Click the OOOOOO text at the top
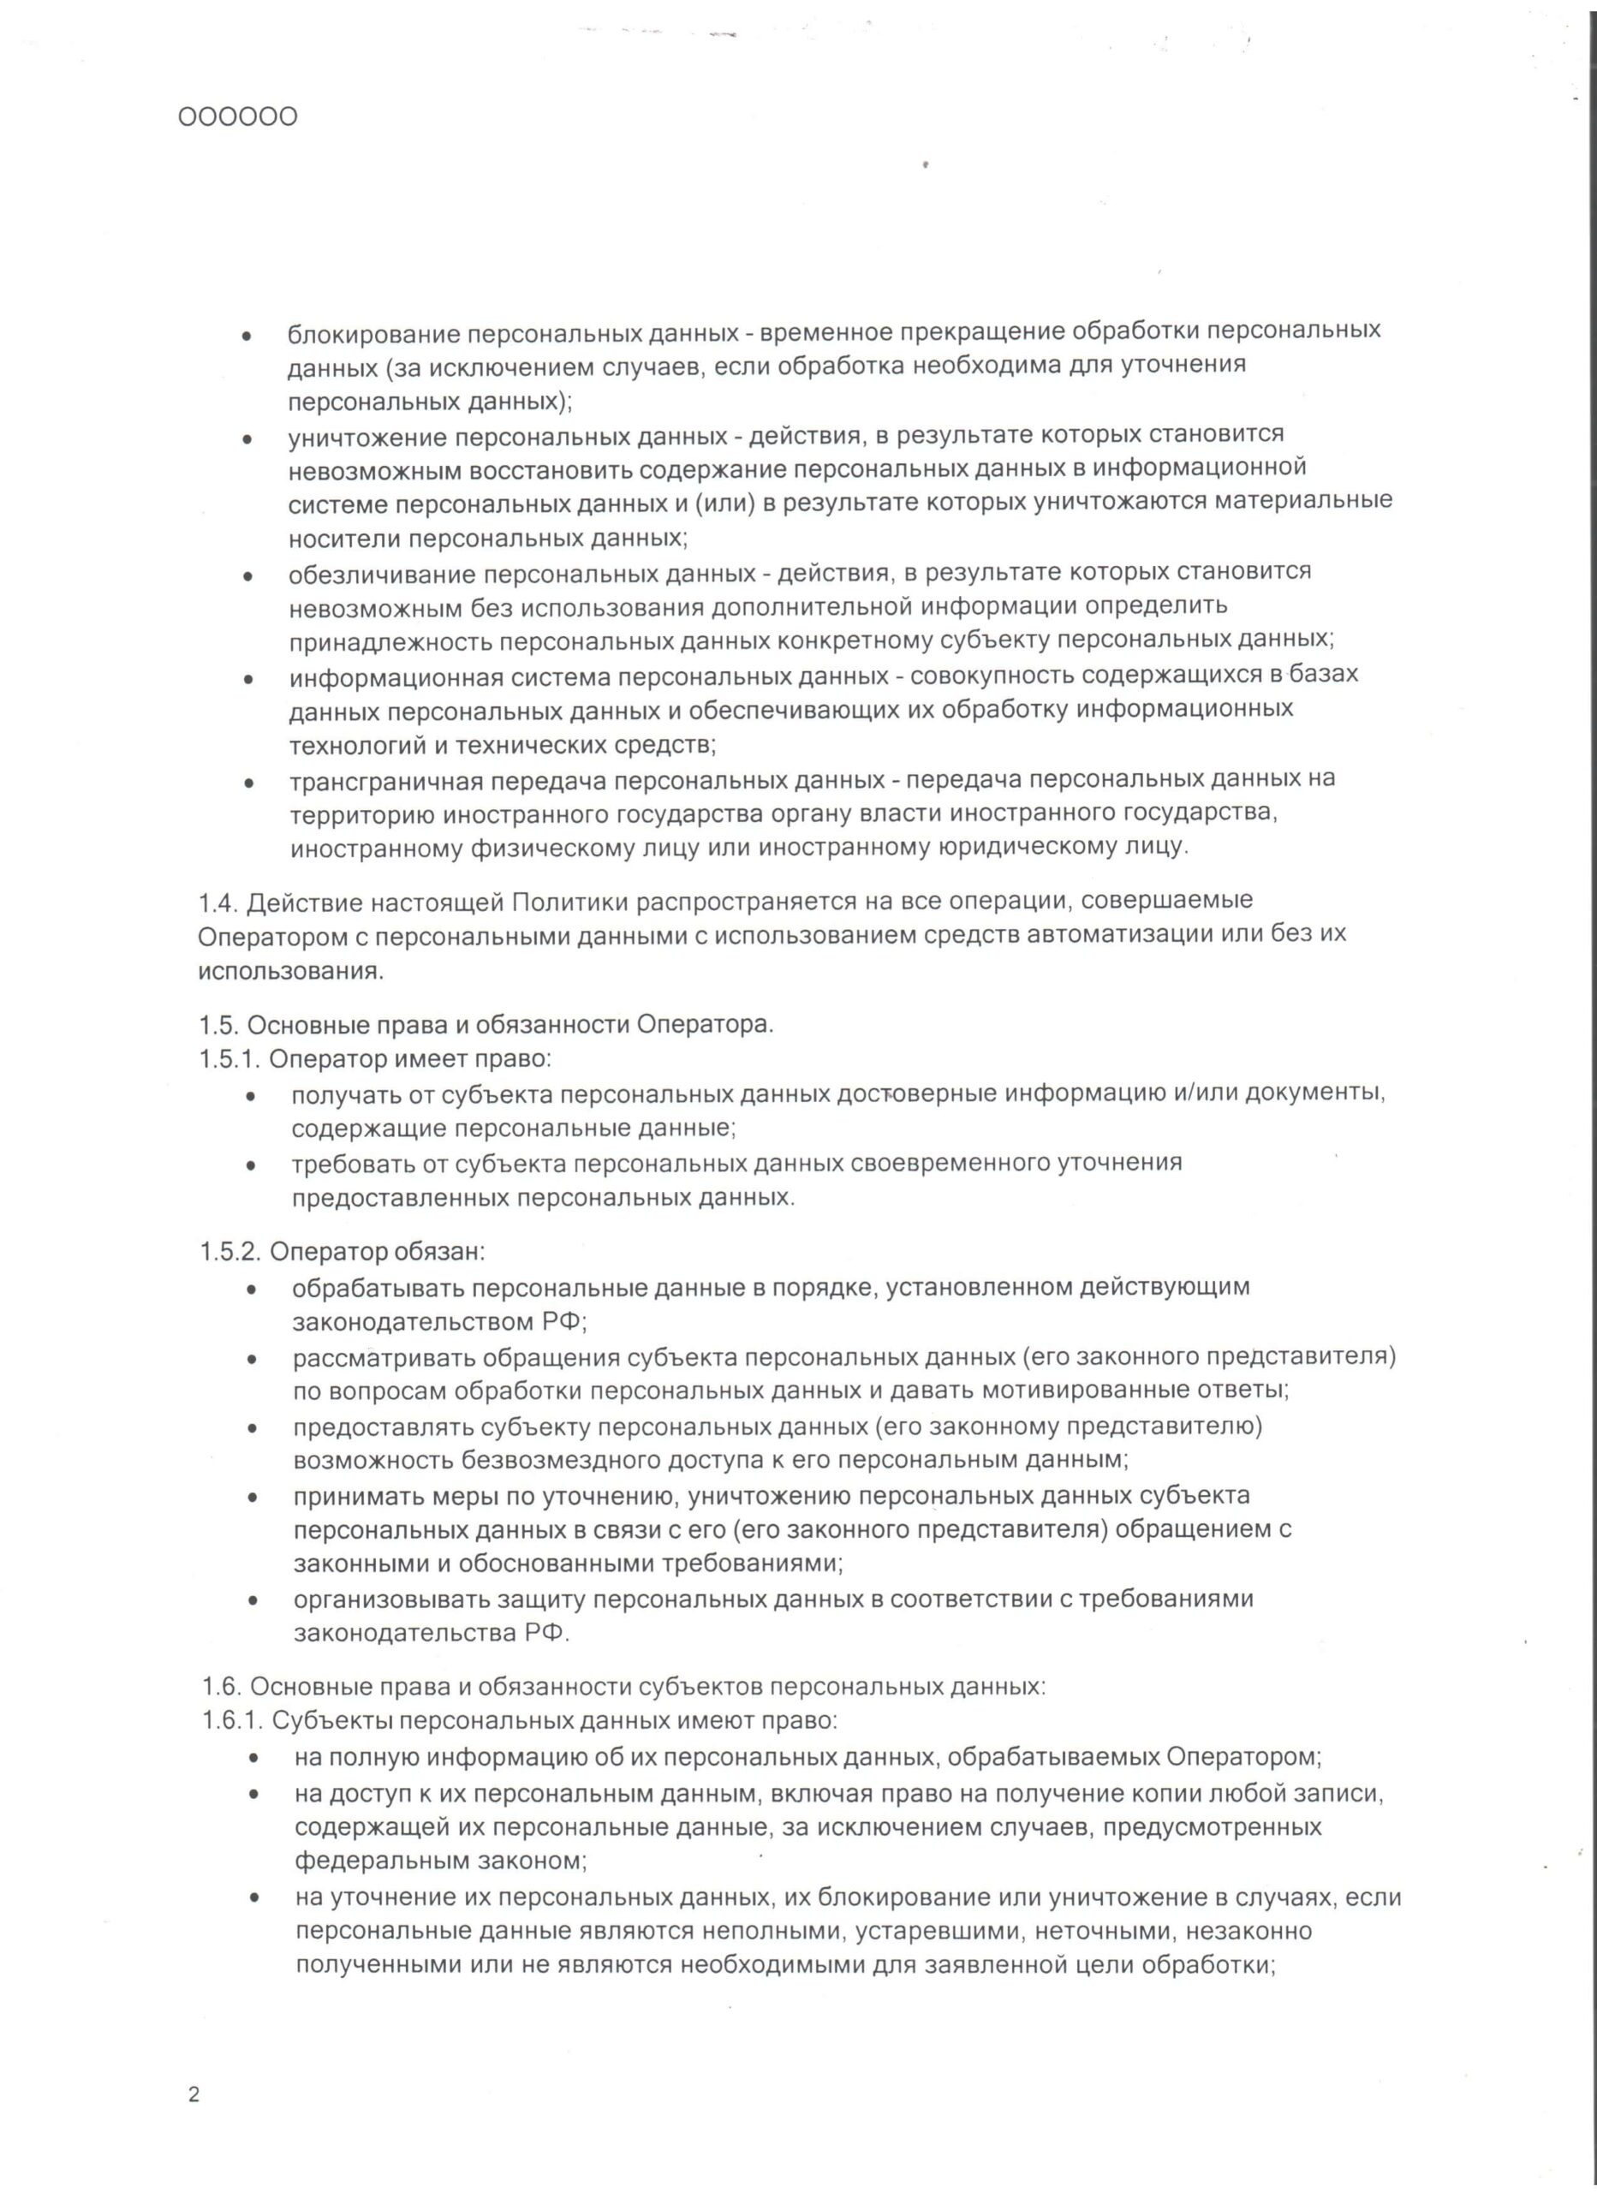(238, 118)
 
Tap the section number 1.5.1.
(230, 1058)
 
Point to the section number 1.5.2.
(231, 1252)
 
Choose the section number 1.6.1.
(233, 1720)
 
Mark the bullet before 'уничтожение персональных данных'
(248, 438)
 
